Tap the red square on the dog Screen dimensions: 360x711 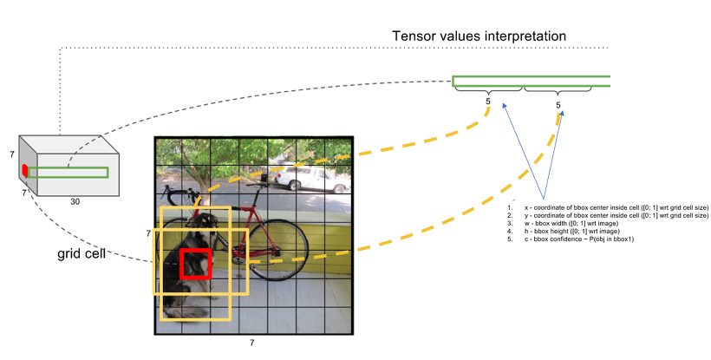point(195,264)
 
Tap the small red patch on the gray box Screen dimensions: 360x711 point(25,168)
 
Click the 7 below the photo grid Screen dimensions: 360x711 point(252,344)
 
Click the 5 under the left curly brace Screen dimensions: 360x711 point(488,102)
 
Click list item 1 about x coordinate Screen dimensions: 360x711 point(607,208)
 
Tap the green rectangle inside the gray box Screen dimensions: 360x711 point(69,172)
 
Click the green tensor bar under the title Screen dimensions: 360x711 point(531,82)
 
